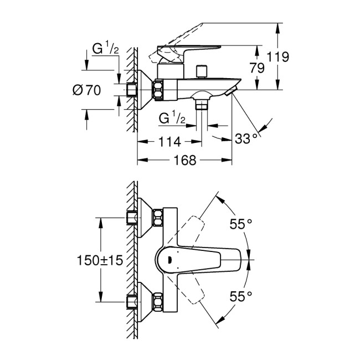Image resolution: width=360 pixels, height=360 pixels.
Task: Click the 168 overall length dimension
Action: (x=185, y=161)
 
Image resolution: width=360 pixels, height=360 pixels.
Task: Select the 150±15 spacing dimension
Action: (x=100, y=259)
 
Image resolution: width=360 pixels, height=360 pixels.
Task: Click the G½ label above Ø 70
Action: (x=105, y=49)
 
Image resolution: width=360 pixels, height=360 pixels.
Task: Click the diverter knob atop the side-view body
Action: (x=202, y=71)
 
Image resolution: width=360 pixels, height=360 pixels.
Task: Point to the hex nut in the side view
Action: (x=158, y=90)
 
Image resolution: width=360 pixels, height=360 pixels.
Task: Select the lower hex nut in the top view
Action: (x=158, y=300)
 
